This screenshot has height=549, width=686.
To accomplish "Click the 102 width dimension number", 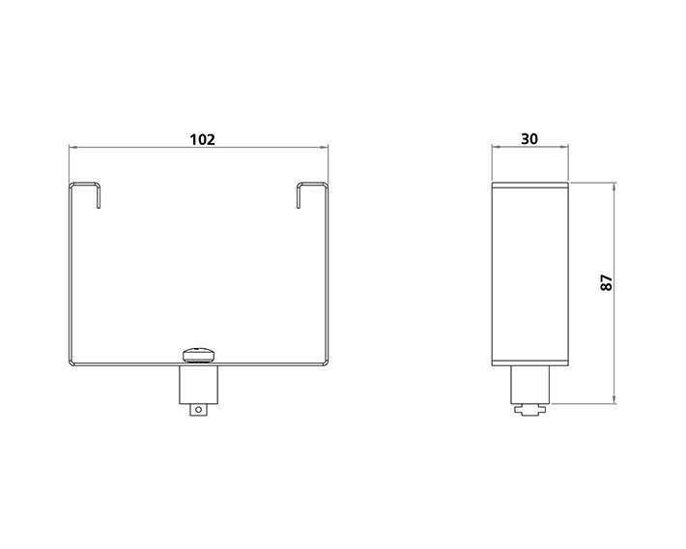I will coord(201,139).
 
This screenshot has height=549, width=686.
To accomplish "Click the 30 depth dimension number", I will coord(529,139).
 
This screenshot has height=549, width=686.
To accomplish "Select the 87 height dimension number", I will coord(606,283).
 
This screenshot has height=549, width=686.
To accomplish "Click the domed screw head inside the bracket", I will coord(200,352).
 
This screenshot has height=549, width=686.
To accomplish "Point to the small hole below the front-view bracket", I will coord(199,411).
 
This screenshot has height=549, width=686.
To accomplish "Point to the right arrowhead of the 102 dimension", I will coord(327,148).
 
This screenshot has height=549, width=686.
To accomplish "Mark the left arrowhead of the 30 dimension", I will coord(495,148).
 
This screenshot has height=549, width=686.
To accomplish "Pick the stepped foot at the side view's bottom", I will coord(529,412).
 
